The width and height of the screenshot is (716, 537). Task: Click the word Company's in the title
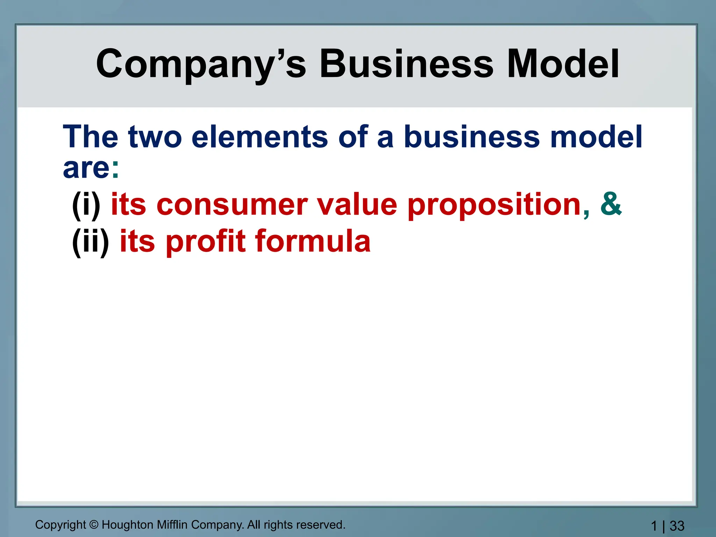(201, 65)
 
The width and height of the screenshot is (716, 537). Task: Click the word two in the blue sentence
(155, 137)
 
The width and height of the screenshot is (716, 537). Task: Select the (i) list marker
(86, 205)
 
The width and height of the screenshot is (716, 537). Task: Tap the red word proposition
(494, 205)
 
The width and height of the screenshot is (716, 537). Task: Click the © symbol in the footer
(94, 525)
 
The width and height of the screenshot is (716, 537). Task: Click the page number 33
(677, 526)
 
